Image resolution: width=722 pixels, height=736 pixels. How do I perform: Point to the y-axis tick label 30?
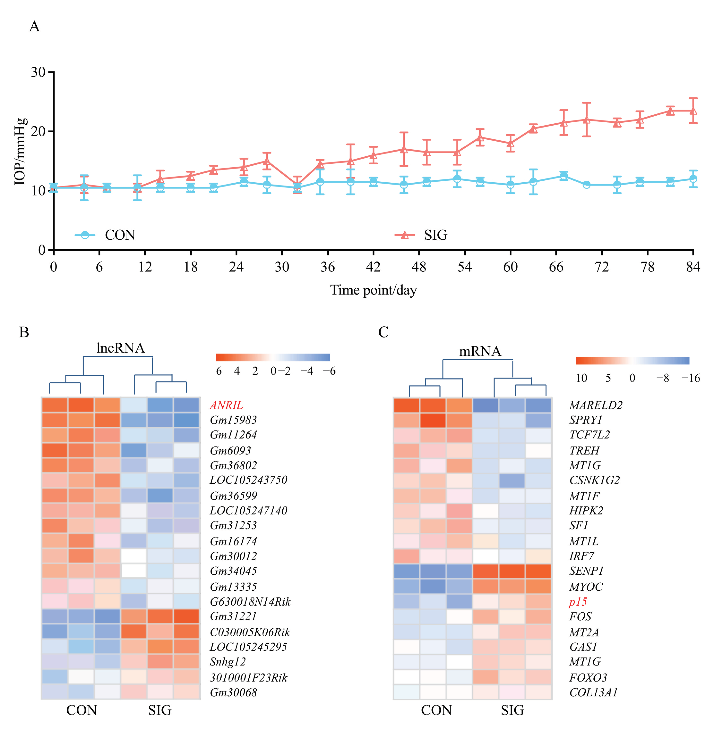(38, 72)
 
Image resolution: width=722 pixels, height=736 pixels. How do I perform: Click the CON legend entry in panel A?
(120, 235)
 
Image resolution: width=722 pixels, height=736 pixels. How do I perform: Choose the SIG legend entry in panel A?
(435, 235)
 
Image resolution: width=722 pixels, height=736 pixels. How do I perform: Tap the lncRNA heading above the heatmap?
(121, 348)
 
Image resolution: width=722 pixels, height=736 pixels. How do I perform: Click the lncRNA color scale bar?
(273, 357)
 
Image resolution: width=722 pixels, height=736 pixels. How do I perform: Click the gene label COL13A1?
(593, 692)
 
